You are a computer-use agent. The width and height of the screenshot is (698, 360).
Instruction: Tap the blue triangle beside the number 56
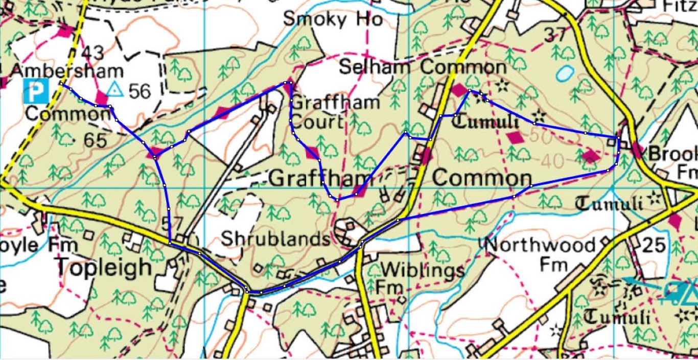pyautogui.click(x=115, y=89)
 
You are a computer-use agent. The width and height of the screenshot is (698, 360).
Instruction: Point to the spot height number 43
pyautogui.click(x=91, y=53)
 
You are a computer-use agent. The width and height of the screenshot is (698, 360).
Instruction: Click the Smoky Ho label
pyautogui.click(x=333, y=19)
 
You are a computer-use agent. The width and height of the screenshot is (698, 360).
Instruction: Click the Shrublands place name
pyautogui.click(x=275, y=239)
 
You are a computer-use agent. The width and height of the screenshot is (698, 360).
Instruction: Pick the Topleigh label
pyautogui.click(x=104, y=267)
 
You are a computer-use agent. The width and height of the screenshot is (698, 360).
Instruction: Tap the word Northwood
pyautogui.click(x=540, y=246)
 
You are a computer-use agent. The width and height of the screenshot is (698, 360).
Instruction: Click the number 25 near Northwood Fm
pyautogui.click(x=655, y=246)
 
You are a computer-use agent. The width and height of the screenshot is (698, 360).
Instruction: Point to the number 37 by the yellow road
pyautogui.click(x=556, y=35)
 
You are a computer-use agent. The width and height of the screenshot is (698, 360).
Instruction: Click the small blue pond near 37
pyautogui.click(x=564, y=74)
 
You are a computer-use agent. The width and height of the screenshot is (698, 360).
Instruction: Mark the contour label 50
pyautogui.click(x=537, y=136)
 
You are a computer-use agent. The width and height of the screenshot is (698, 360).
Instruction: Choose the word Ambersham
pyautogui.click(x=66, y=71)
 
